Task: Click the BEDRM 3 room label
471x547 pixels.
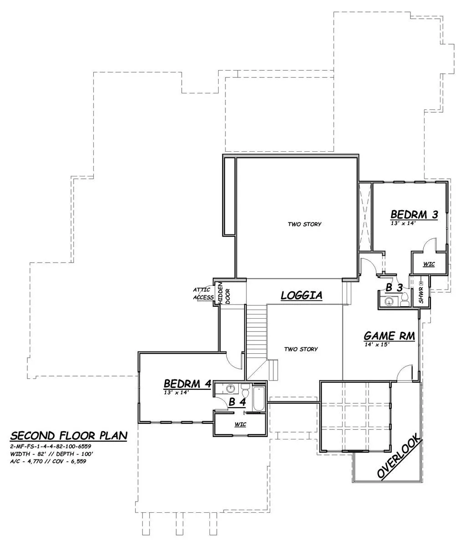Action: click(414, 214)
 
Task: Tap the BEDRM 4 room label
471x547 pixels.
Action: click(188, 383)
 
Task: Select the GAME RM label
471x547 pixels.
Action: click(389, 336)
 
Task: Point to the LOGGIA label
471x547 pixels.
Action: click(301, 295)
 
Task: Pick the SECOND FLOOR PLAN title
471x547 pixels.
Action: click(69, 435)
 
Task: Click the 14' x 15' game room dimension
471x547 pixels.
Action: click(377, 344)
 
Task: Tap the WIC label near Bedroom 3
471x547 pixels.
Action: click(429, 264)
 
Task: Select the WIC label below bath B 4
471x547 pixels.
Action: click(240, 424)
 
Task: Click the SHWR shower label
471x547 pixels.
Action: click(421, 295)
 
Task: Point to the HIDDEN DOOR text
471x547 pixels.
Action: click(224, 293)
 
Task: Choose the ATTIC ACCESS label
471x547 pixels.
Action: click(203, 294)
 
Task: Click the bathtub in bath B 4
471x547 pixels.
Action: click(259, 398)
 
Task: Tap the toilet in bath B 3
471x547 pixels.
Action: click(404, 300)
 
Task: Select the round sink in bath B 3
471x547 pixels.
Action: click(389, 301)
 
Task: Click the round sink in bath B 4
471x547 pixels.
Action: click(231, 388)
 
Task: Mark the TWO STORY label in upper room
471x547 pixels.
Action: click(304, 224)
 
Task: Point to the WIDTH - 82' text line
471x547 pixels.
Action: click(29, 454)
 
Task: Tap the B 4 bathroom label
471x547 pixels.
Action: click(237, 402)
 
